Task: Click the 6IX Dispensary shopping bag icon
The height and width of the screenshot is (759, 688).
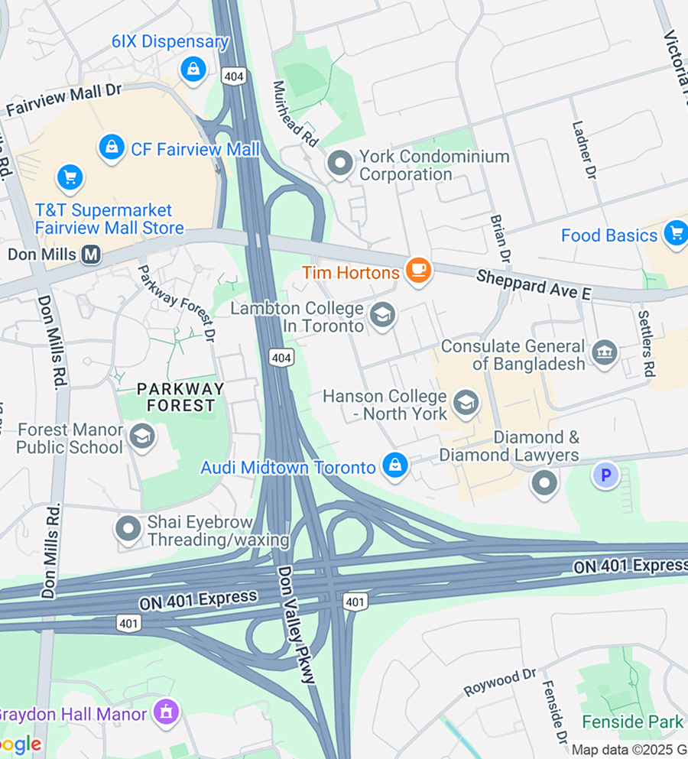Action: [x=193, y=70]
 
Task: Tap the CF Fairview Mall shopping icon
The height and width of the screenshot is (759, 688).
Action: [x=112, y=148]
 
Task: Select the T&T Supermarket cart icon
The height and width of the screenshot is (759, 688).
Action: [x=70, y=178]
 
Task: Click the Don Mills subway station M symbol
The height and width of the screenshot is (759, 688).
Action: [x=91, y=254]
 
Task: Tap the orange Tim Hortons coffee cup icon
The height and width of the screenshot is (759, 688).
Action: [x=418, y=270]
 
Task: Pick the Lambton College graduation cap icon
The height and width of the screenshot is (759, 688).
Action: [x=382, y=315]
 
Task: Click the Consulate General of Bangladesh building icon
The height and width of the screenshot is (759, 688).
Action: [x=605, y=355]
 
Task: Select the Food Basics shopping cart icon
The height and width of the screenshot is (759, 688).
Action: [x=675, y=233]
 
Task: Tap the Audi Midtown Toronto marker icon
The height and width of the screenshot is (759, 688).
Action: [x=395, y=465]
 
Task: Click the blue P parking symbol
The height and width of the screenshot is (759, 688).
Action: [x=605, y=476]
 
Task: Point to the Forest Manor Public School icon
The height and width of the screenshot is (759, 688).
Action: [x=141, y=437]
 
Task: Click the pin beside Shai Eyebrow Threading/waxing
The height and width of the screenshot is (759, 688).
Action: [x=128, y=529]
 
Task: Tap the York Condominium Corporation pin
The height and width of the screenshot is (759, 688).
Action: [x=339, y=163]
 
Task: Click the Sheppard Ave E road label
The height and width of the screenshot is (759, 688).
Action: [x=534, y=284]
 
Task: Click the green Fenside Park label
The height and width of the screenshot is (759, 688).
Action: [x=632, y=722]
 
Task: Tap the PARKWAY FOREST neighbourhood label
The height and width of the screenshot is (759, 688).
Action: [x=180, y=397]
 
